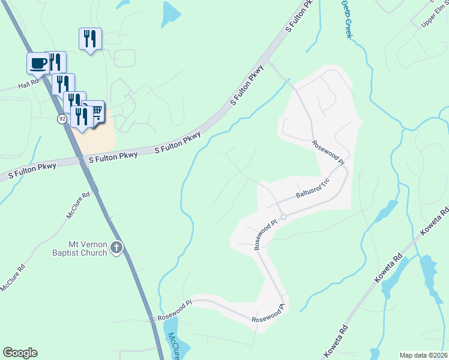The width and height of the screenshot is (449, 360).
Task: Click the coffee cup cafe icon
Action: tap(38, 62)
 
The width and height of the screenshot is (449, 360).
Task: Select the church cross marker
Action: tap(117, 247)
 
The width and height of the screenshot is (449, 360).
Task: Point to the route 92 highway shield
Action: tap(62, 119)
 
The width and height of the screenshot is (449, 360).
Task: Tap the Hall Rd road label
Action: tap(28, 86)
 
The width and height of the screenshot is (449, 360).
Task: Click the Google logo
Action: tap(20, 353)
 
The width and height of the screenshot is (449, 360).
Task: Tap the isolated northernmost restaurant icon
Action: tap(90, 38)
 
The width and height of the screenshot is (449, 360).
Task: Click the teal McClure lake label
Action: tap(175, 345)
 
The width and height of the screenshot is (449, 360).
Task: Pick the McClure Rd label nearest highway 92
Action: tap(78, 205)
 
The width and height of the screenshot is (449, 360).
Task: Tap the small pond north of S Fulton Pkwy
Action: tap(170, 13)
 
